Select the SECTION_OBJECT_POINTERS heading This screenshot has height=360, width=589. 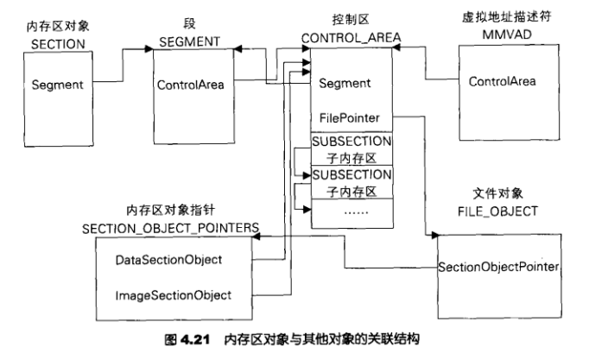coord(172,225)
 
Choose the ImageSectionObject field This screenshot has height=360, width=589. coord(173,295)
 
